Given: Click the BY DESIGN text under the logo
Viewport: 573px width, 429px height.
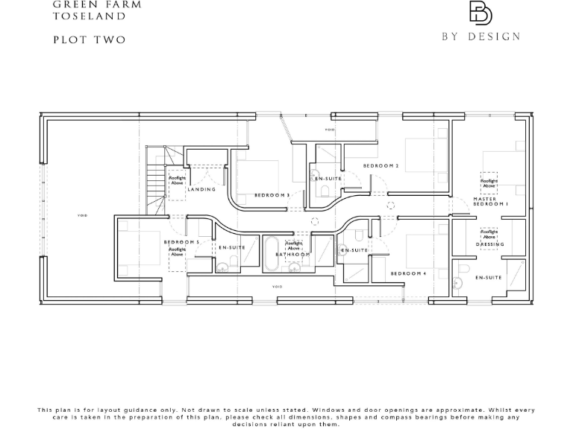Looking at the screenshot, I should coord(480,36).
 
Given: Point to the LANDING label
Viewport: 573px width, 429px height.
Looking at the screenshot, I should coord(201,190).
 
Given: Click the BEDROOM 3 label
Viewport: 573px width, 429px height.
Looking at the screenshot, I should coord(272,195).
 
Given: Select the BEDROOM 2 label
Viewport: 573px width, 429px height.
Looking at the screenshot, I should coord(381,165).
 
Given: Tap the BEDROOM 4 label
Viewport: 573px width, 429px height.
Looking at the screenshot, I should coord(408,274).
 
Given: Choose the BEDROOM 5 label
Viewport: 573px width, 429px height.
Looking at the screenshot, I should coord(181,243).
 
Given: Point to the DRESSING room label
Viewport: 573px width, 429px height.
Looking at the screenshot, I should coord(490,244).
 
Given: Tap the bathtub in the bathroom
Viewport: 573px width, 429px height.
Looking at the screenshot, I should coord(271,255).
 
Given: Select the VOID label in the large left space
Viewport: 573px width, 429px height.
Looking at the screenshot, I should coord(82,216).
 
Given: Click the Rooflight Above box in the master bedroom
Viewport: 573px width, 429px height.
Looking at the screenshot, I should coord(489,182).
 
